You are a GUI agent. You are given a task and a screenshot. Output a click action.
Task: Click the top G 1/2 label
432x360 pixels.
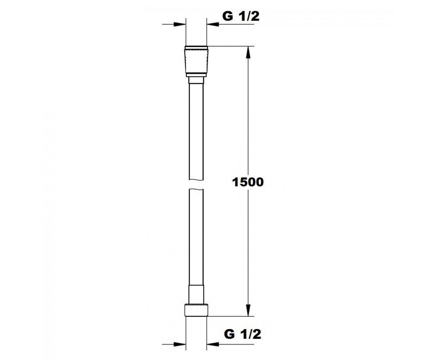241,16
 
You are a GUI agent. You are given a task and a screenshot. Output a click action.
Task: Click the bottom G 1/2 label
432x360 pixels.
243,334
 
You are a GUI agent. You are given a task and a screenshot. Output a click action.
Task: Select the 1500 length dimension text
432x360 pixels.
248,182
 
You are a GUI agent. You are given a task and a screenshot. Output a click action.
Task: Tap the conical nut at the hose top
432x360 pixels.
196,62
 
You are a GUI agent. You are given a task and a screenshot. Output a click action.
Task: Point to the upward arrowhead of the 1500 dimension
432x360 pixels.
248,53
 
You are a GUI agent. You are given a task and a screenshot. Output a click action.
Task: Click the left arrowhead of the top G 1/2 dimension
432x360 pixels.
180,24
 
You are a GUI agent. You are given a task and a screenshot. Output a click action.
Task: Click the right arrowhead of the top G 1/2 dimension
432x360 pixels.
213,24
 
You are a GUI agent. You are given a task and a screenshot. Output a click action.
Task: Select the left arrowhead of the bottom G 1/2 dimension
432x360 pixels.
180,344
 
